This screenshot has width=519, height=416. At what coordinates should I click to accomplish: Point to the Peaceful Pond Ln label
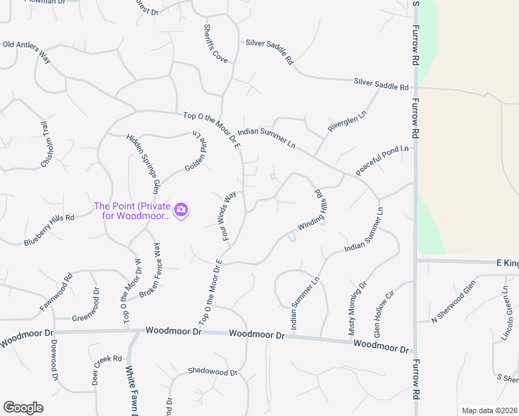(382, 159)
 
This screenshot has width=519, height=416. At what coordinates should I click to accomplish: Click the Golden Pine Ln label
(196, 153)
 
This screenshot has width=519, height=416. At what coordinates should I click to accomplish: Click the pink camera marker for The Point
(181, 209)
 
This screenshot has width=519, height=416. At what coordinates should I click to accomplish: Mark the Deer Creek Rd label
(108, 370)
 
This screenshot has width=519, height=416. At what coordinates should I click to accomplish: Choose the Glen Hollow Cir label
(384, 314)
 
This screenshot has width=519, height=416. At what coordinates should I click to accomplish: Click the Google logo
(23, 408)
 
